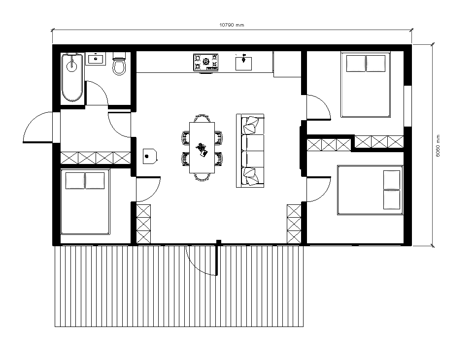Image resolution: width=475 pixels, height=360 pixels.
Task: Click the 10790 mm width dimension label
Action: [232, 25]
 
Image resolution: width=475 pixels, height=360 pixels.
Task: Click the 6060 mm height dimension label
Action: [438, 146]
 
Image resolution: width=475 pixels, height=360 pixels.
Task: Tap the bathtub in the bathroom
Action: [72, 77]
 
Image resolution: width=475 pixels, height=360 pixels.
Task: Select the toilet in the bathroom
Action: [119, 64]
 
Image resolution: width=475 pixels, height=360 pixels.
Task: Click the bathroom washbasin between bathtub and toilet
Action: [96, 59]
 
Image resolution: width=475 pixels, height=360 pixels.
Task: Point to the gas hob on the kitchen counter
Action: [206, 63]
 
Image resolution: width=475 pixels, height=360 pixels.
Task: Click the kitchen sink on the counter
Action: [243, 63]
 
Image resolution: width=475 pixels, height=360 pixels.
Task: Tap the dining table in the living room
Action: [202, 147]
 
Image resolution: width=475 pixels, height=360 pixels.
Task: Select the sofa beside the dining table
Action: [250, 151]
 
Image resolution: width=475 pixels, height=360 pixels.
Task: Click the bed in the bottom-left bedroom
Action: [85, 202]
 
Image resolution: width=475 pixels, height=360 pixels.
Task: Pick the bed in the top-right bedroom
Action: [366, 85]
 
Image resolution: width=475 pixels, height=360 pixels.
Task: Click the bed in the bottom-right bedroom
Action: [370, 190]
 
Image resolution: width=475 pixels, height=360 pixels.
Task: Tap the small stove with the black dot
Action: [150, 156]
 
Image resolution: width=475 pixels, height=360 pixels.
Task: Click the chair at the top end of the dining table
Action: [202, 118]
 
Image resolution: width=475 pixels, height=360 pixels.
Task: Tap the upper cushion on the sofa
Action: [251, 125]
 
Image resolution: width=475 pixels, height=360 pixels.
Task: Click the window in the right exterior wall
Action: [408, 106]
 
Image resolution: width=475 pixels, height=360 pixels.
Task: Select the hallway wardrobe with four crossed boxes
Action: [96, 158]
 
